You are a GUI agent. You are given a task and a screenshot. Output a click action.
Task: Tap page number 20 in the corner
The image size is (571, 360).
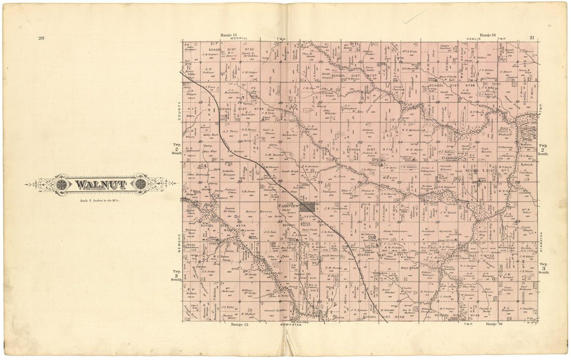pos(40,38)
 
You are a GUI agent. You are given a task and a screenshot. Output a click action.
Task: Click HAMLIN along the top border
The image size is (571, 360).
pos(475,38)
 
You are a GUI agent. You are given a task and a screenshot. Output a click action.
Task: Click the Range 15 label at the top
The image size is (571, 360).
pos(228,35)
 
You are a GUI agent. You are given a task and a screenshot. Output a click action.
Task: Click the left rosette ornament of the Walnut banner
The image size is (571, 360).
pos(62,184)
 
